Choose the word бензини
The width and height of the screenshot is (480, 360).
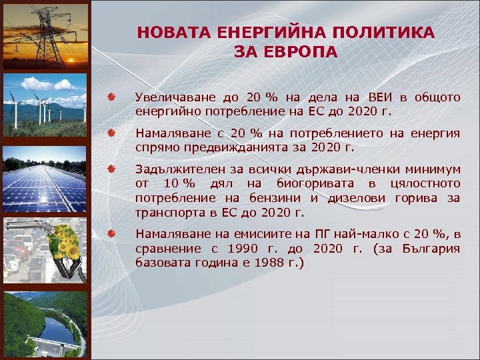[277, 198]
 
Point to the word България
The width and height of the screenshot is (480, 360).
[431, 248]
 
